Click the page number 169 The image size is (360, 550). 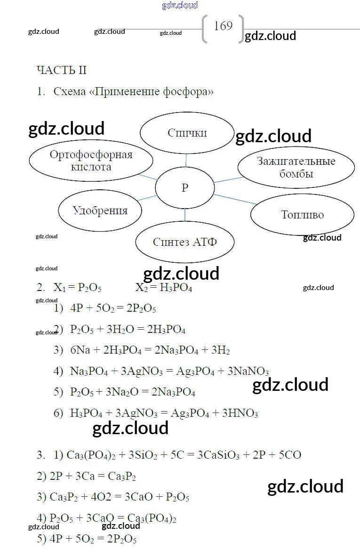click(x=223, y=26)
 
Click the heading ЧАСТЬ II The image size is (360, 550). click(x=62, y=71)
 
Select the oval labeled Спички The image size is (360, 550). click(x=187, y=133)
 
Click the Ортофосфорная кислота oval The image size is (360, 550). click(x=91, y=161)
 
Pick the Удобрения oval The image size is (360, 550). click(x=100, y=210)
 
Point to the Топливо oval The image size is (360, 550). click(x=302, y=215)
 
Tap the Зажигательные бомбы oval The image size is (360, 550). click(x=296, y=167)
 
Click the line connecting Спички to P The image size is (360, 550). click(x=186, y=160)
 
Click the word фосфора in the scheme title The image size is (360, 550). click(x=188, y=92)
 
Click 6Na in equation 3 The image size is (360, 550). click(x=80, y=350)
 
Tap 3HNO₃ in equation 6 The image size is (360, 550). click(x=240, y=413)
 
